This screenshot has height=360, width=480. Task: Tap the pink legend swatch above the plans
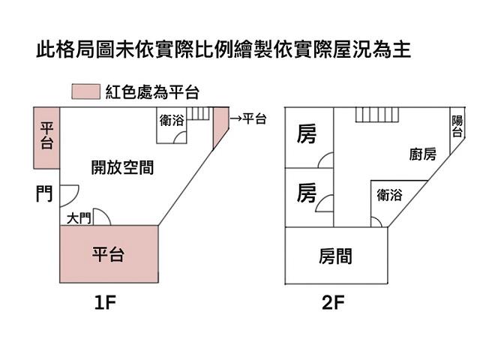[x=85, y=92]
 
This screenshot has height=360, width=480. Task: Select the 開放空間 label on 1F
[x=122, y=167]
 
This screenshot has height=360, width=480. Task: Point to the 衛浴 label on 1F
[x=172, y=120]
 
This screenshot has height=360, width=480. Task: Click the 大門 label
[x=79, y=218]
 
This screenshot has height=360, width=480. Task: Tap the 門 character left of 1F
[x=43, y=195]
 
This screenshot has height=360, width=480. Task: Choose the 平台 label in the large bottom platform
[x=108, y=254]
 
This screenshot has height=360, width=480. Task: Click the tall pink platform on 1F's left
[x=46, y=139]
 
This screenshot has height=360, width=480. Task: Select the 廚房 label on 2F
[x=423, y=155]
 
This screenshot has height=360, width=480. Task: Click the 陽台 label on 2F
[x=457, y=126]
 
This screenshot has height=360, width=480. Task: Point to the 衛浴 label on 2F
[x=390, y=196]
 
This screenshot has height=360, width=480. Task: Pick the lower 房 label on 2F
[x=306, y=193]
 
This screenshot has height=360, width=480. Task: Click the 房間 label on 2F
[x=335, y=256]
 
